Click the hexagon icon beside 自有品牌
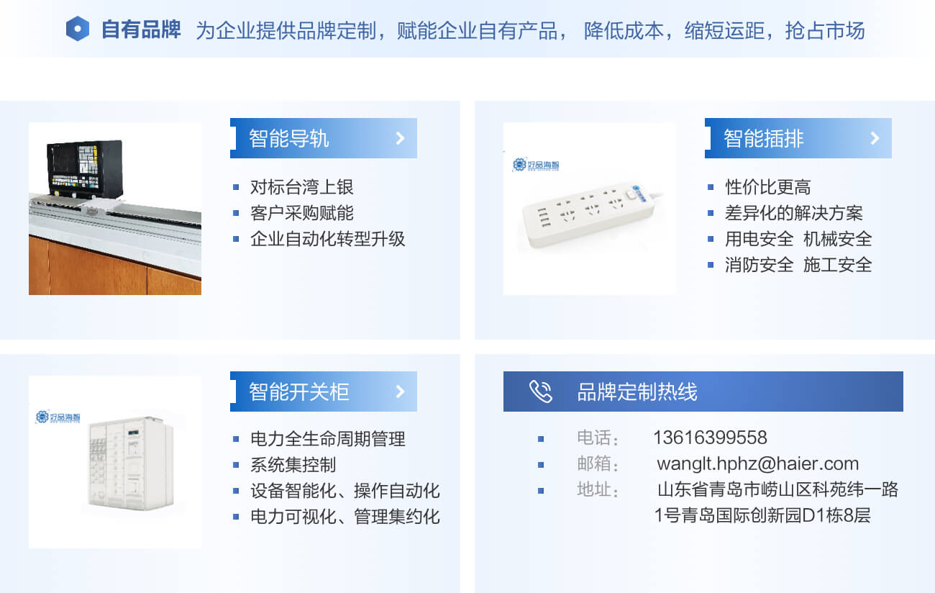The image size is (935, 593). coord(78,29)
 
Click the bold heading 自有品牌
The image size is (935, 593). coord(141,30)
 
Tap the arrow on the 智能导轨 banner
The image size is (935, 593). coord(400,138)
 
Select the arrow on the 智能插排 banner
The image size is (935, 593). coord(875,138)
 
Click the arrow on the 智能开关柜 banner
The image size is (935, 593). coord(400,391)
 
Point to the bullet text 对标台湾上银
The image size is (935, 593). coord(302,187)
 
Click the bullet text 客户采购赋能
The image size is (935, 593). coord(302,213)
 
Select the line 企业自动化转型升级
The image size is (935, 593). coord(328,239)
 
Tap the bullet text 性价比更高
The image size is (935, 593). coord(767,187)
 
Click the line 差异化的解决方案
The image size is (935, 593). coord(793,213)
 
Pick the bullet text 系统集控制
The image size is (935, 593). coord(293,465)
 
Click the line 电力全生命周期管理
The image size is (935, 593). coord(328,439)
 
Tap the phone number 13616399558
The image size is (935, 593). coord(710,438)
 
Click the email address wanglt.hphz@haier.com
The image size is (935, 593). coord(757,463)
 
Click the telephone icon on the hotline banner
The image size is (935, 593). coord(541,391)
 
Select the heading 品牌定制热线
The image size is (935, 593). coord(637,391)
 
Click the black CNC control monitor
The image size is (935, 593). coord(85,168)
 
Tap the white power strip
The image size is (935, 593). coord(588,214)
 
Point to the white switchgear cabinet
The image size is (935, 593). coord(131,463)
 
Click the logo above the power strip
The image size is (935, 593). coord(536,165)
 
